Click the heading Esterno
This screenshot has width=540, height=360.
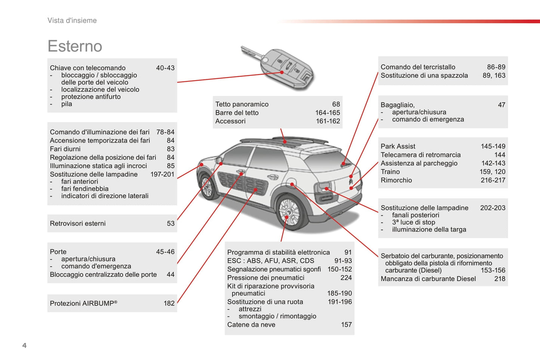(75, 46)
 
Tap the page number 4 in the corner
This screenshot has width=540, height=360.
(24, 345)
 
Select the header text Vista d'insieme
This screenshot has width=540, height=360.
(72, 21)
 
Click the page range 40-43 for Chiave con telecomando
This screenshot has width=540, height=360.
(165, 68)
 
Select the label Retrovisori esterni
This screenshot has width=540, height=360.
(78, 223)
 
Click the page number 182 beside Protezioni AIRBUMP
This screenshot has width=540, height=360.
(169, 303)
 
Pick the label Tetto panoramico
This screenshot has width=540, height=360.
(242, 104)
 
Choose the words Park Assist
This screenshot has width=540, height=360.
(398, 146)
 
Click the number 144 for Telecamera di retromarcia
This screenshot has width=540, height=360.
(500, 155)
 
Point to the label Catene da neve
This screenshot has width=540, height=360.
(251, 325)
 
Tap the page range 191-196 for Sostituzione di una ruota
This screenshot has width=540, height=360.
(340, 302)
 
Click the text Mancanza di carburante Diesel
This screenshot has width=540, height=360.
(428, 279)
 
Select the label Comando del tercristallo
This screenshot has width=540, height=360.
(418, 67)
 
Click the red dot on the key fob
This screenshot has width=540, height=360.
(282, 72)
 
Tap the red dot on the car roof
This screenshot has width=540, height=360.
(285, 142)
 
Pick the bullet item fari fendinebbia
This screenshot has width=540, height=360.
(84, 189)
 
